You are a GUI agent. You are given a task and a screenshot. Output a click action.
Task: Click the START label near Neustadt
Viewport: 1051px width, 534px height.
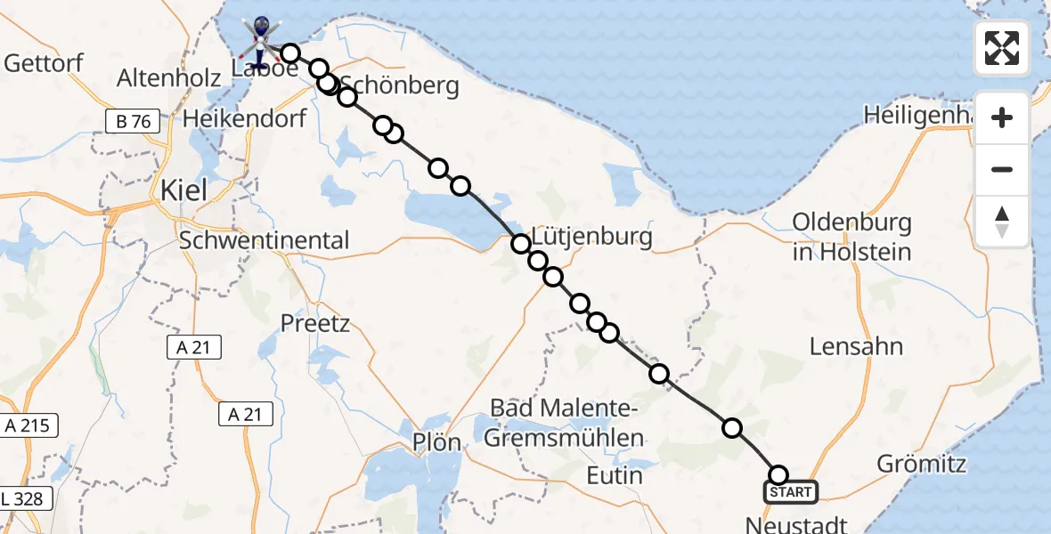pyautogui.click(x=790, y=492)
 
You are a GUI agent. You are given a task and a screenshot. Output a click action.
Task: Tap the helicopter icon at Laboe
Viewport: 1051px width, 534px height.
pyautogui.click(x=260, y=40)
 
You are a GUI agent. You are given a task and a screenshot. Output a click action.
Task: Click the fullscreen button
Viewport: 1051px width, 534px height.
pyautogui.click(x=1002, y=48)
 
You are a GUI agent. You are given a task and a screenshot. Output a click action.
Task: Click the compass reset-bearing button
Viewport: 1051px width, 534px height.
pyautogui.click(x=1002, y=222)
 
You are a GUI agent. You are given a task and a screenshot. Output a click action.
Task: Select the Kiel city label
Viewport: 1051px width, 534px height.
pyautogui.click(x=183, y=190)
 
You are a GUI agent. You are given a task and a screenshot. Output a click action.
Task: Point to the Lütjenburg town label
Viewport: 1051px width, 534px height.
pyautogui.click(x=592, y=237)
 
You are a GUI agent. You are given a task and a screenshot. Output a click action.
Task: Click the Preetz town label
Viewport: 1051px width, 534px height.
pyautogui.click(x=315, y=323)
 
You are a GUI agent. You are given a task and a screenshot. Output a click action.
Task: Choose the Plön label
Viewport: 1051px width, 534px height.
pyautogui.click(x=436, y=442)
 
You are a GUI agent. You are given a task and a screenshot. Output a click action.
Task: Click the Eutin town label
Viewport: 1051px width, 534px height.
pyautogui.click(x=615, y=475)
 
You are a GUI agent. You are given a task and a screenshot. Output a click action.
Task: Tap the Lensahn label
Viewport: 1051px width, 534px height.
pyautogui.click(x=856, y=346)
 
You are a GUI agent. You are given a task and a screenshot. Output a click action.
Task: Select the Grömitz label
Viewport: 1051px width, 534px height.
pyautogui.click(x=921, y=464)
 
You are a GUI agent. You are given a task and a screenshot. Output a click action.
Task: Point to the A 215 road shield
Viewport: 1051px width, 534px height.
pyautogui.click(x=30, y=426)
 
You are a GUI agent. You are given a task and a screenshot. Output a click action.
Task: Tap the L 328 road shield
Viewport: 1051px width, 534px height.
pyautogui.click(x=23, y=498)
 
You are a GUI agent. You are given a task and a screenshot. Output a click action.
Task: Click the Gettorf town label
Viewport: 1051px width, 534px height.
pyautogui.click(x=44, y=63)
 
